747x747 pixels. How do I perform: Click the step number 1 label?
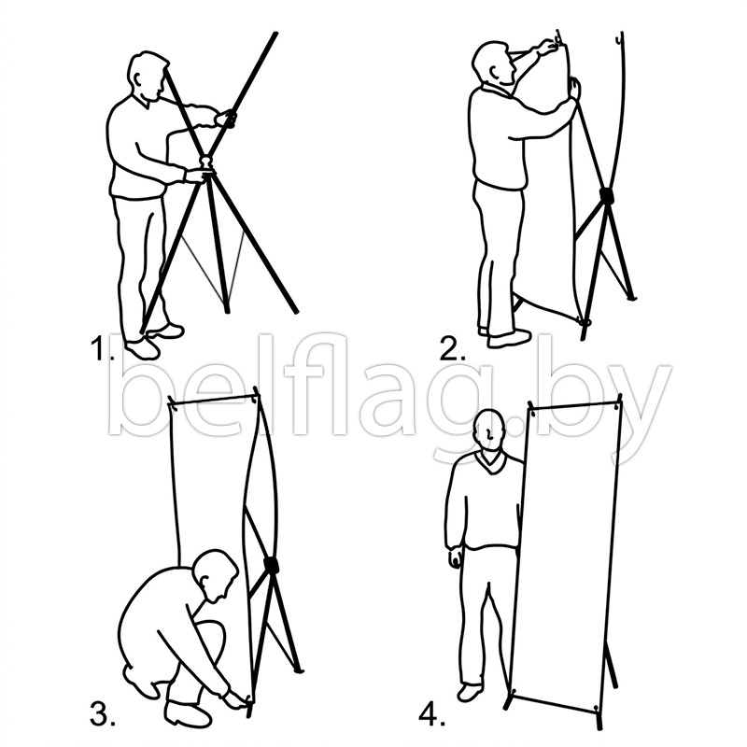(x=102, y=348)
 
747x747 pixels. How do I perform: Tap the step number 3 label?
(x=102, y=712)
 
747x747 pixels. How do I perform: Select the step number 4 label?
(x=431, y=714)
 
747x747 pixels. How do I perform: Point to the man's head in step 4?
(x=490, y=430)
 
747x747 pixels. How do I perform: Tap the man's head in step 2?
(x=493, y=63)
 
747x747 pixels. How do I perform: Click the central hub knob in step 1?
(x=205, y=163)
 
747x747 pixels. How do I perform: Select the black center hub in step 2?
(x=606, y=195)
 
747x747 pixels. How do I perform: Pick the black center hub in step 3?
(x=272, y=565)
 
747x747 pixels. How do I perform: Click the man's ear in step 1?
(x=138, y=78)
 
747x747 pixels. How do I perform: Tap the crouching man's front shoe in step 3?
(x=188, y=713)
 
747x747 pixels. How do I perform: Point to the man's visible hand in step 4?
(x=455, y=556)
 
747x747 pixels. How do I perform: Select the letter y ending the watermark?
(x=641, y=414)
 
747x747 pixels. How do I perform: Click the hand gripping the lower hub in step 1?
(x=195, y=176)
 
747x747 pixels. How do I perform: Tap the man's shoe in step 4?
(x=471, y=693)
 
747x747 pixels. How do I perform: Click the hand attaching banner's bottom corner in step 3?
(x=235, y=698)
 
